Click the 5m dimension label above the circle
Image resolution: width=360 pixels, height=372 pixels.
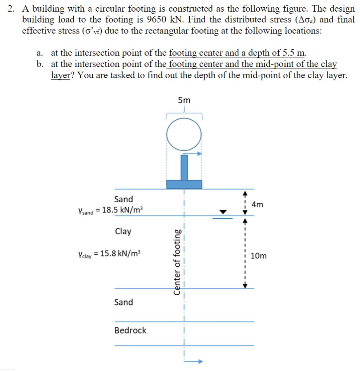point(184,100)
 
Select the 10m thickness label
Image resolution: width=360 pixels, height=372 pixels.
point(258,256)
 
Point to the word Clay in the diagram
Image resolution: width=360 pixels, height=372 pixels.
point(123,231)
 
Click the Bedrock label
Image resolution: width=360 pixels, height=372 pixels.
point(130,330)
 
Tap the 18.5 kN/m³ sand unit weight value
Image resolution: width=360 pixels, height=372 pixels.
point(123,210)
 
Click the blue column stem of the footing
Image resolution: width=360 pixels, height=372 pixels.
point(184,167)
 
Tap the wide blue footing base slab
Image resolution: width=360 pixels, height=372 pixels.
point(184,184)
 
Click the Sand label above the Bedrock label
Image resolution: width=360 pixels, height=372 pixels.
point(124,302)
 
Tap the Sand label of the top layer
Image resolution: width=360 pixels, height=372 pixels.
point(124,199)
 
